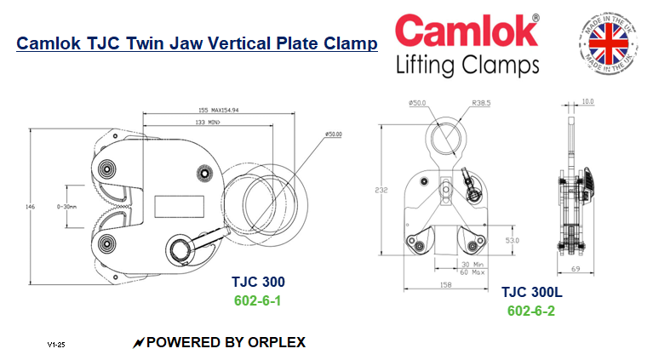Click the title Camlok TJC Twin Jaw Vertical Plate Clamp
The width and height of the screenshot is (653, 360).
click(197, 43)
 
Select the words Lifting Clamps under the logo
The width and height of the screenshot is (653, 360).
click(467, 65)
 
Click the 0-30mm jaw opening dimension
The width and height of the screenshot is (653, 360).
click(67, 205)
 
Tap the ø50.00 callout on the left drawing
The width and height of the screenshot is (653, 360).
click(333, 134)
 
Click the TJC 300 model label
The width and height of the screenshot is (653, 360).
click(258, 282)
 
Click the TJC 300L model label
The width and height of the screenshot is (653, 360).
click(531, 293)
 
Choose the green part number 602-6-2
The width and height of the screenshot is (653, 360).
click(531, 311)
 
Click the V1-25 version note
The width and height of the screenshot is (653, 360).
click(56, 346)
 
